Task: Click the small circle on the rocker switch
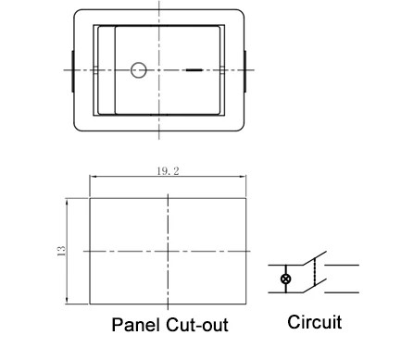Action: click(x=140, y=68)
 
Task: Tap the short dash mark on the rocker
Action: click(x=194, y=69)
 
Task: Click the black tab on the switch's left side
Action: click(x=72, y=69)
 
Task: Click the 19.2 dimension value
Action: click(x=168, y=169)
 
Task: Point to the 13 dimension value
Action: click(x=59, y=251)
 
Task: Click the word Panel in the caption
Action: click(x=136, y=326)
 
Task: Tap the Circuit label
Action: click(x=314, y=323)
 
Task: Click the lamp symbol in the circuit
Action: click(x=285, y=278)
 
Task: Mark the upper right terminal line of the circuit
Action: click(x=344, y=266)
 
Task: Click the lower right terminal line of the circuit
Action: click(x=344, y=289)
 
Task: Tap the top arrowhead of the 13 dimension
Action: click(x=68, y=201)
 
